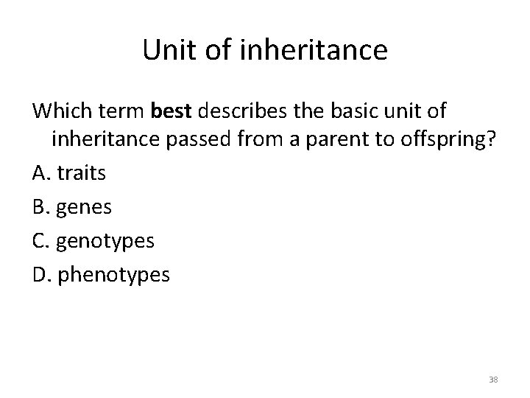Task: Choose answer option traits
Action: pos(82,174)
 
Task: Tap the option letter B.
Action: pos(40,208)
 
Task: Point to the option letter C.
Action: pos(40,242)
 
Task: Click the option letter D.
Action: pos(40,275)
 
